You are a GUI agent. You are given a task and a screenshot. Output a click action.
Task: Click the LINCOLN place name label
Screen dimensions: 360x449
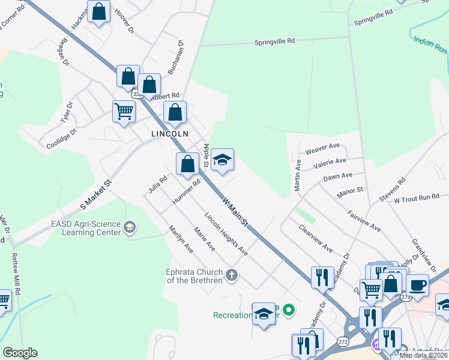(x=170, y=134)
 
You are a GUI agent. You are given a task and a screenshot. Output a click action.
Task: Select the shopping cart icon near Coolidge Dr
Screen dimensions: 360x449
(x=124, y=112)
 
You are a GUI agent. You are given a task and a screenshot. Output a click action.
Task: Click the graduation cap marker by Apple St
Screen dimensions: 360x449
(x=222, y=160)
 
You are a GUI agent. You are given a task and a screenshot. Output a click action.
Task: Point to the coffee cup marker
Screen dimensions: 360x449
(x=417, y=285)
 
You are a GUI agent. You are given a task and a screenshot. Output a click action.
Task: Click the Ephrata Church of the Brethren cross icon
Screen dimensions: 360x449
(x=232, y=275)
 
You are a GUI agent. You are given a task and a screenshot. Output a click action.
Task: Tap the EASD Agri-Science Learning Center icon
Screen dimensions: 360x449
(x=130, y=227)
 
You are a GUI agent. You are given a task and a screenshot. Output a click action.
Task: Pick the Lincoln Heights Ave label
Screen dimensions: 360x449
(x=226, y=234)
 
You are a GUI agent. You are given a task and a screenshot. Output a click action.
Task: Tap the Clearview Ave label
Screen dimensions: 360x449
(x=316, y=239)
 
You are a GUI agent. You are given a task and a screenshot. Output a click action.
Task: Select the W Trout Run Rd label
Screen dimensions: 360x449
(x=417, y=197)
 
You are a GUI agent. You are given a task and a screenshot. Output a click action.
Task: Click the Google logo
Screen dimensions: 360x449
(x=20, y=353)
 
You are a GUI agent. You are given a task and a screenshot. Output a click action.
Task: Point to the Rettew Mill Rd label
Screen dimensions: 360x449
(x=17, y=274)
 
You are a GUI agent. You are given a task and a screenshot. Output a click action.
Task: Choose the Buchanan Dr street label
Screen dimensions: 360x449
(x=174, y=58)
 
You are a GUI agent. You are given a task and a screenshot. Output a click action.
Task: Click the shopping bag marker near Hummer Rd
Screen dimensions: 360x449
(x=187, y=163)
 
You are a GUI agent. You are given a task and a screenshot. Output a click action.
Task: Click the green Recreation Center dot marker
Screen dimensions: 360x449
(x=289, y=310)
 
